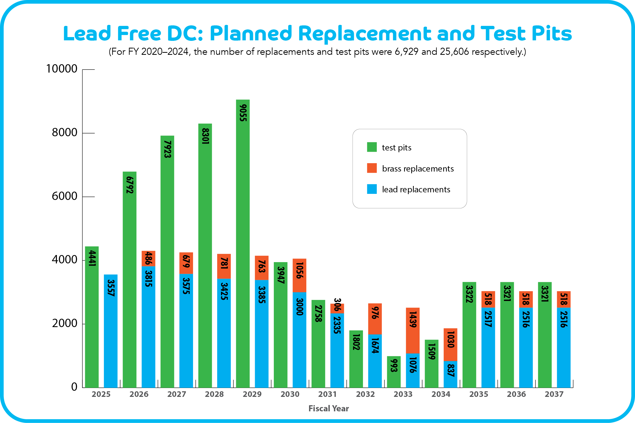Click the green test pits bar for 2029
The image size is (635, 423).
[243, 243]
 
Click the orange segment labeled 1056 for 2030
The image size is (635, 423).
[299, 275]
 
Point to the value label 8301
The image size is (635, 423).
[205, 136]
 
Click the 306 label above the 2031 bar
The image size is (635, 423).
[338, 304]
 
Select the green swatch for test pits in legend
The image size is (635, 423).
[372, 147]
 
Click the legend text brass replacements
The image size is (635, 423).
[418, 168]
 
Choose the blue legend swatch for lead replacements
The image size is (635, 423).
[372, 189]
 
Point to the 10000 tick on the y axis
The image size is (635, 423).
[61, 69]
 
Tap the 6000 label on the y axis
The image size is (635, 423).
[64, 196]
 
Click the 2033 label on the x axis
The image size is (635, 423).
[403, 394]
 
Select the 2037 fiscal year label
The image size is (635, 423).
[554, 394]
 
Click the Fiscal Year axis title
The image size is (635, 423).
[329, 409]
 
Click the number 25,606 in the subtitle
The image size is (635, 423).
[454, 52]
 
